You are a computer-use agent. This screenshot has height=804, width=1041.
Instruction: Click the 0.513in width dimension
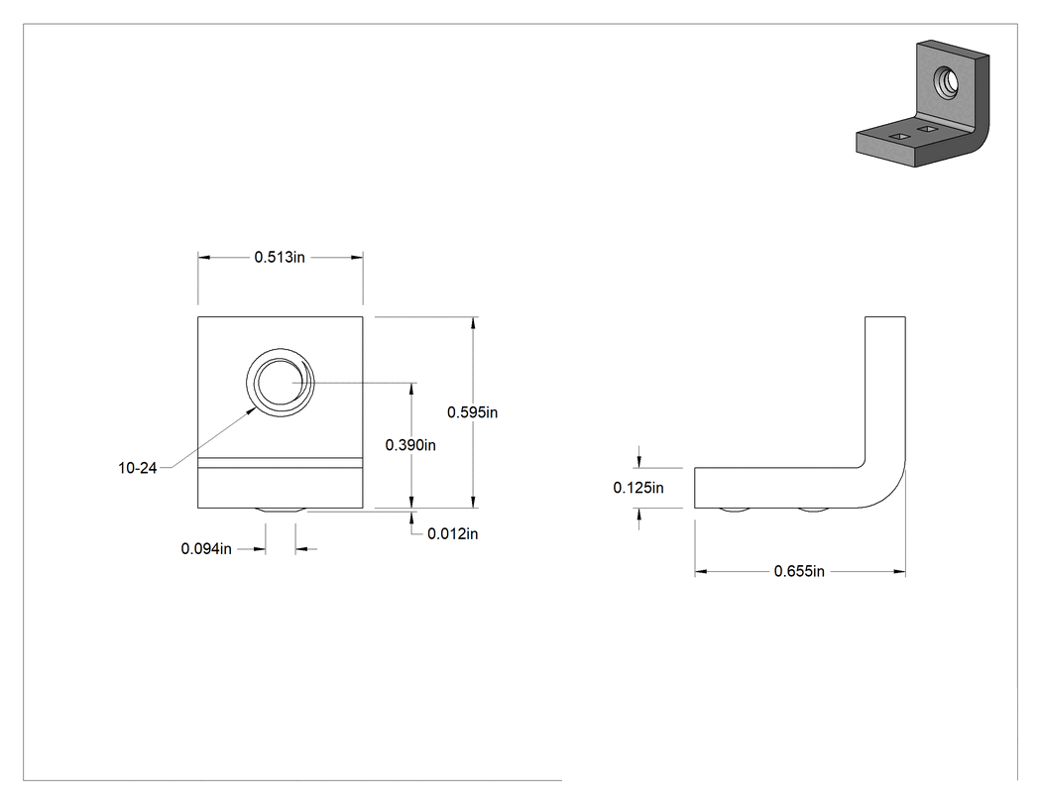pyautogui.click(x=280, y=257)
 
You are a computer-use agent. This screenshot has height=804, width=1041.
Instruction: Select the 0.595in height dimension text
pyautogui.click(x=472, y=412)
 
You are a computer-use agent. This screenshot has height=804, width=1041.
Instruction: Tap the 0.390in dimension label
pyautogui.click(x=410, y=445)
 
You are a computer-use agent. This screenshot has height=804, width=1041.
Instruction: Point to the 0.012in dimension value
pyautogui.click(x=452, y=533)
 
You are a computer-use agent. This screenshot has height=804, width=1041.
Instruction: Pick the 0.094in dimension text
pyautogui.click(x=206, y=549)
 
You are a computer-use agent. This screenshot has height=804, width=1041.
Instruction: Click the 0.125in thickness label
pyautogui.click(x=638, y=488)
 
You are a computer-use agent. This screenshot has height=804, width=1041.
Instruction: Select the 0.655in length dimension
pyautogui.click(x=799, y=571)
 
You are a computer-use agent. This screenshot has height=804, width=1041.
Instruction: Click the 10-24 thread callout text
pyautogui.click(x=138, y=468)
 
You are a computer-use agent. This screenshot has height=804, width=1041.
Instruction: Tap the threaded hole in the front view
pyautogui.click(x=281, y=383)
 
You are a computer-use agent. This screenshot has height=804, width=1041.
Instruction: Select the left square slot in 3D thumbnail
pyautogui.click(x=899, y=136)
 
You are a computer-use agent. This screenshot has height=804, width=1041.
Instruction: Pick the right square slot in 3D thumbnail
pyautogui.click(x=927, y=127)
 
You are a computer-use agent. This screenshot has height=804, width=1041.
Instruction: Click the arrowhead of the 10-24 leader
pyautogui.click(x=253, y=411)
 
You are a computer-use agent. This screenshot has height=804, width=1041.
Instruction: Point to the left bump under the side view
pyautogui.click(x=735, y=510)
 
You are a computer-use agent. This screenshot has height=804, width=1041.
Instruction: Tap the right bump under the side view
pyautogui.click(x=814, y=510)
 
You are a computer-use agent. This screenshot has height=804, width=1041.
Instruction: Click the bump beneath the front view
pyautogui.click(x=281, y=510)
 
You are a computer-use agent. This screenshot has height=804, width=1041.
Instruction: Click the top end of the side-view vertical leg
pyautogui.click(x=885, y=317)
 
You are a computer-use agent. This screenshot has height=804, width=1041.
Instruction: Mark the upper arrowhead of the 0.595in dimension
pyautogui.click(x=473, y=323)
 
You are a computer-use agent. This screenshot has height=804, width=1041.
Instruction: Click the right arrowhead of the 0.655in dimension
pyautogui.click(x=899, y=571)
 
